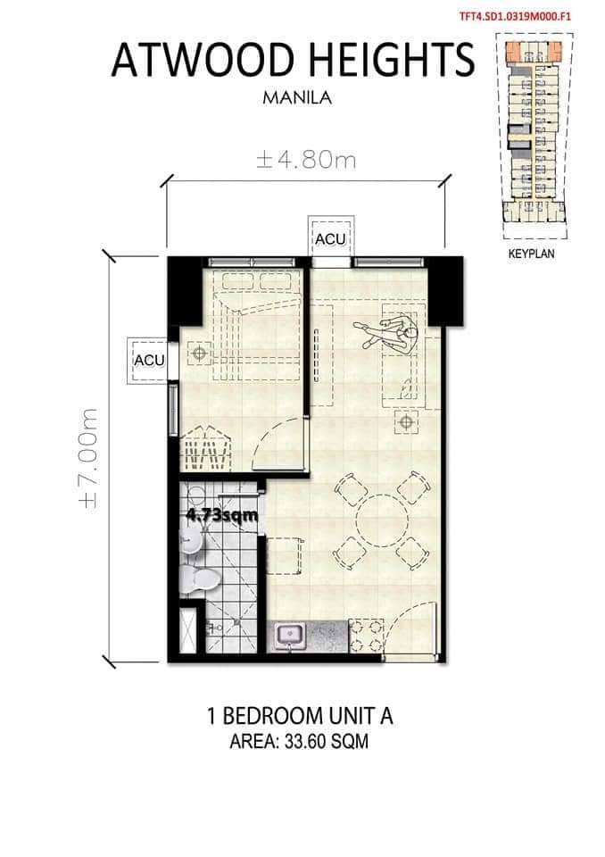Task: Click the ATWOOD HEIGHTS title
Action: click(x=293, y=60)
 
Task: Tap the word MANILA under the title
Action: click(x=297, y=98)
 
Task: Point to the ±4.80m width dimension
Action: click(x=306, y=160)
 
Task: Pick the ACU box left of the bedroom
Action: click(x=149, y=361)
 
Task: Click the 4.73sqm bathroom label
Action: click(x=222, y=515)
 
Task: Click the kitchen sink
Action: click(x=290, y=637)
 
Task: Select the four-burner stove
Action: click(x=366, y=636)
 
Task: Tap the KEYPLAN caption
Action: click(x=531, y=254)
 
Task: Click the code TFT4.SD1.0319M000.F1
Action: click(x=516, y=16)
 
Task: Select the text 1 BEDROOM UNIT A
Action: click(x=300, y=716)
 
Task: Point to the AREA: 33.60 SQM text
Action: click(x=299, y=742)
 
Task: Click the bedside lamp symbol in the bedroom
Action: click(x=200, y=354)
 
